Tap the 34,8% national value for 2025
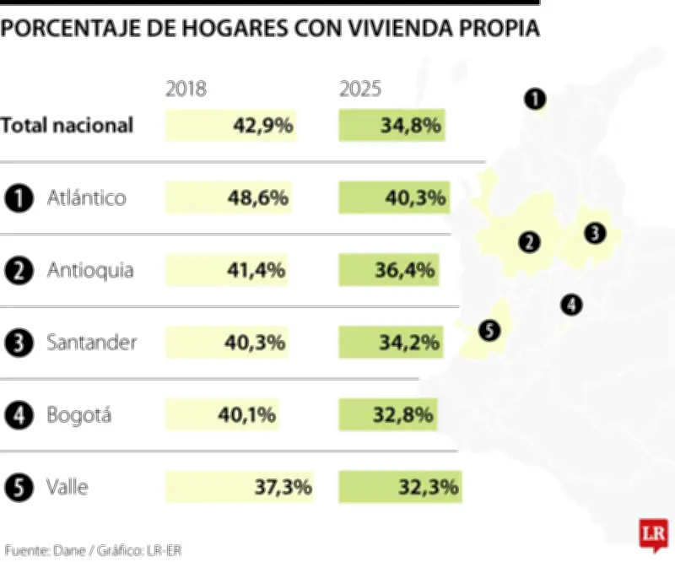coord(412,126)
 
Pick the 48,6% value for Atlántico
coord(258,198)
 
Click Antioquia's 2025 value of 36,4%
coord(405,271)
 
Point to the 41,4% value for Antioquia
coord(256,271)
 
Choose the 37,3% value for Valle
coord(283,487)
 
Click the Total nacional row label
coord(67,126)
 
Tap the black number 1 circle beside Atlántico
coord(19,198)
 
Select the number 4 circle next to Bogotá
coord(19,415)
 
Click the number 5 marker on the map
coord(489,330)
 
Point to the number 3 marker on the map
coord(595,232)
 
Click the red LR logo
coord(653,535)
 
